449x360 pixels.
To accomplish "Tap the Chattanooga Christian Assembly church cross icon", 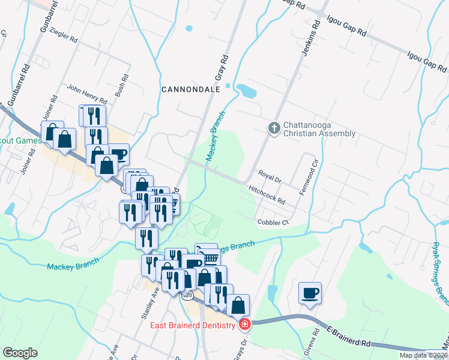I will point(274,128).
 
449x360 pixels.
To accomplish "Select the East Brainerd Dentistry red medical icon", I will point(244,325).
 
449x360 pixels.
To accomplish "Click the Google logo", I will point(20,353).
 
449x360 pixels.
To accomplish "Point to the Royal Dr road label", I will point(270,176).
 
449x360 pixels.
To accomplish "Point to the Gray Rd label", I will point(223,68).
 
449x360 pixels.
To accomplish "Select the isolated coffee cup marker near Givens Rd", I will point(310,293).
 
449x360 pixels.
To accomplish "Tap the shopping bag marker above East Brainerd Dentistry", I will point(238,304).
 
